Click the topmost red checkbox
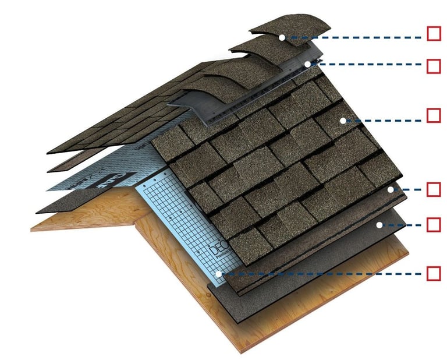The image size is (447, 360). coord(434,33)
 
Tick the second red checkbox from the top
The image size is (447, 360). coord(434,66)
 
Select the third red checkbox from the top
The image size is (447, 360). coord(434,115)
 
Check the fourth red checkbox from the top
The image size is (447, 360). coord(434,189)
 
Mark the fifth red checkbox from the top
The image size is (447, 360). coord(434,224)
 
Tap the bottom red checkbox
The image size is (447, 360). coord(434,273)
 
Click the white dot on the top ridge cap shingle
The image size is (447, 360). coord(282,37)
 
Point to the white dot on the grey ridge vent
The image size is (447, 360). coord(307,64)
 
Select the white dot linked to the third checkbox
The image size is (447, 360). coord(343,121)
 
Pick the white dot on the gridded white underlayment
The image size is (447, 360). coord(218,273)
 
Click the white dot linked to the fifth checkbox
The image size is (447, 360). coord(378,224)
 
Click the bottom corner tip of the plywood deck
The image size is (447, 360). coord(238,351)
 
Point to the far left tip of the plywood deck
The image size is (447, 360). coord(33,228)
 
